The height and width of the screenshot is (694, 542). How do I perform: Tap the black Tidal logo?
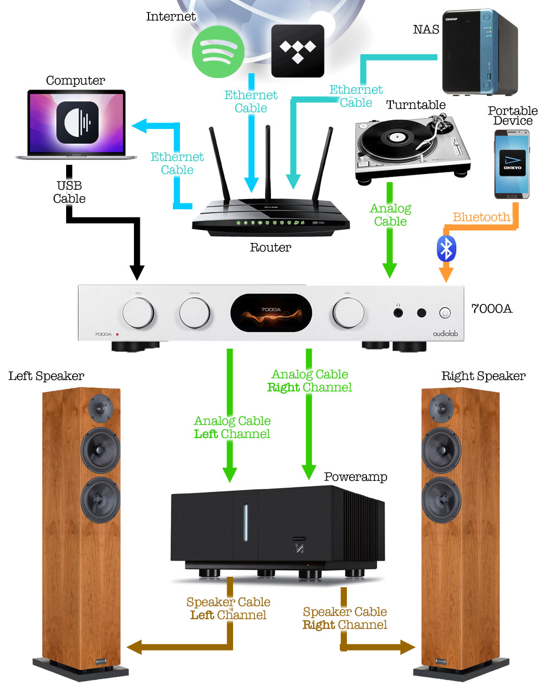coord(298,50)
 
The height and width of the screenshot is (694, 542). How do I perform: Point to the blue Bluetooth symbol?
coord(446,249)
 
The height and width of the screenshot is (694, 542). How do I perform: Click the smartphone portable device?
coord(512,164)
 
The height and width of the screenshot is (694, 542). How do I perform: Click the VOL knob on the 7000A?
coord(348,313)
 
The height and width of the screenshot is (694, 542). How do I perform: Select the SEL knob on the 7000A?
coord(138,313)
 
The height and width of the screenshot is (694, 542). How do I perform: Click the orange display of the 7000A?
coord(271,313)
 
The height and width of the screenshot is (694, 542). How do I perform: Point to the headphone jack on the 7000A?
coord(398,312)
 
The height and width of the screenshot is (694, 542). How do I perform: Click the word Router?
coord(270,248)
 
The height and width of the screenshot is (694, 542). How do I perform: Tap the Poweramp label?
coord(356,477)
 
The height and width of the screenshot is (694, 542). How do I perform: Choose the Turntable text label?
coord(416,105)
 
